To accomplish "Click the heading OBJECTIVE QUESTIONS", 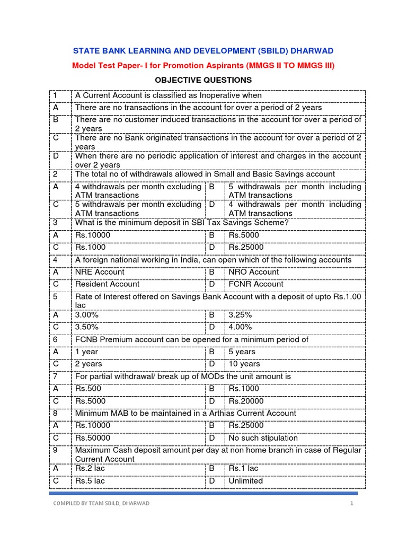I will [x=203, y=80].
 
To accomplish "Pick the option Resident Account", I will [x=107, y=284].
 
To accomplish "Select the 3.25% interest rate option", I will [x=240, y=315].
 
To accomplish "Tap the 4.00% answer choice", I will [x=240, y=327].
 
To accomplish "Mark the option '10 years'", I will [x=244, y=364].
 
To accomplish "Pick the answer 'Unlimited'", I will [x=245, y=481].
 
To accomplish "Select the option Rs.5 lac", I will [x=90, y=481].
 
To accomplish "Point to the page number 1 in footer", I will [x=351, y=503].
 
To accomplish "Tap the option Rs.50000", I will [x=93, y=438].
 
